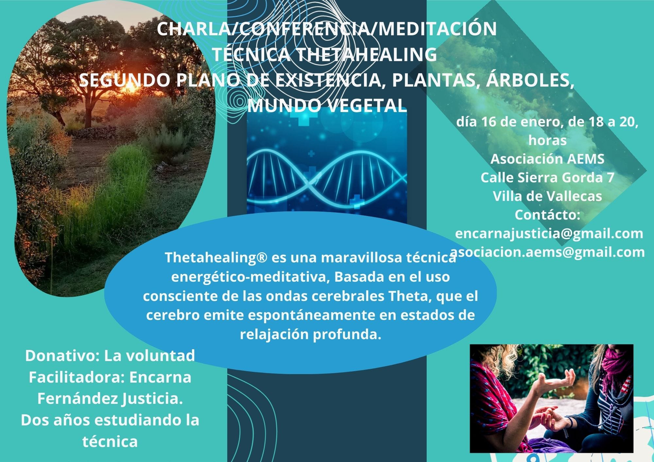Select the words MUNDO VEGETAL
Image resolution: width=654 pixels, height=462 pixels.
click(327, 105)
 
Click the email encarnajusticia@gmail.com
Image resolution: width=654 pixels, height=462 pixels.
click(549, 233)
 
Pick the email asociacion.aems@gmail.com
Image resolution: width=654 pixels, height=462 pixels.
click(548, 252)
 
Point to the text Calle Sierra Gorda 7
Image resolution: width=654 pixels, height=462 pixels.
click(547, 177)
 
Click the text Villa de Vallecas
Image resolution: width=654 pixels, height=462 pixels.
click(547, 196)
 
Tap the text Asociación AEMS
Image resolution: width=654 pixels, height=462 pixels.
click(547, 159)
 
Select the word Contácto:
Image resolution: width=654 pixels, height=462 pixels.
click(547, 215)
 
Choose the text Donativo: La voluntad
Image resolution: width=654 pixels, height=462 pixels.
click(110, 355)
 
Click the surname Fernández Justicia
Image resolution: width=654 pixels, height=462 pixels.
click(110, 399)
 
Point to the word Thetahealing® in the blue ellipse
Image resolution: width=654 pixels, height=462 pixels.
click(216, 257)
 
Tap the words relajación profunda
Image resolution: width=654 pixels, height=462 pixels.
click(311, 335)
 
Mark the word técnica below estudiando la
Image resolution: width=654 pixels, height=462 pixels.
click(110, 442)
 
